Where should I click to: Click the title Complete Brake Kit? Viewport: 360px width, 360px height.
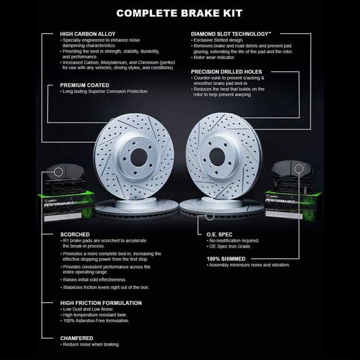[180, 12]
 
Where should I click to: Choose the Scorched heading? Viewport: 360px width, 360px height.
[74, 234]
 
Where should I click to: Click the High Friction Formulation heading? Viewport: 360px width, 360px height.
[100, 302]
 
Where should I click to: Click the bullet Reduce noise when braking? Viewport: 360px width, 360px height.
[92, 344]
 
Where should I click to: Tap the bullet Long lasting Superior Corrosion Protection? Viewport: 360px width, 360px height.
[106, 92]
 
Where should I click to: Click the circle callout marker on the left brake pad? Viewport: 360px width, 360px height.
[58, 171]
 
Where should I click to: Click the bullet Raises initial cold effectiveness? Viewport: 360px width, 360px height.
[95, 279]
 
